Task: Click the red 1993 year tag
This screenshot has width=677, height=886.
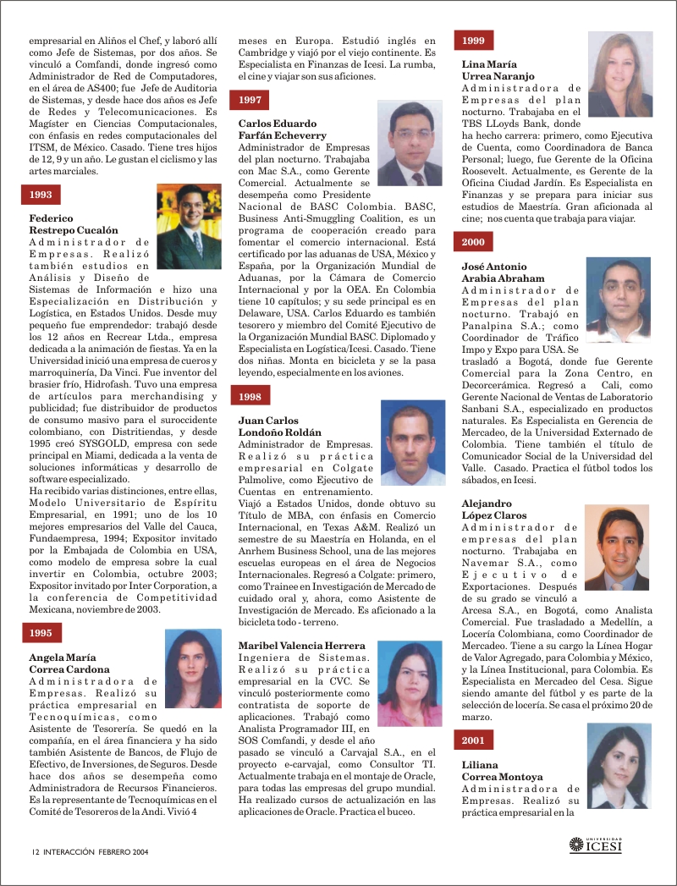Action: coord(41,195)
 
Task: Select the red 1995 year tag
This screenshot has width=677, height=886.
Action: coord(41,633)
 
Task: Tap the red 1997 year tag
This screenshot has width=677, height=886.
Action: coord(250,100)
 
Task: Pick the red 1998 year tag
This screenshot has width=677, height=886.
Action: coord(250,396)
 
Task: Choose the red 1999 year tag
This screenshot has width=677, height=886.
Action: coord(474,40)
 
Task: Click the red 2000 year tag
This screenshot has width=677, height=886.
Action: coord(474,242)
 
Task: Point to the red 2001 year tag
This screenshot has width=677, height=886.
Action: coord(474,740)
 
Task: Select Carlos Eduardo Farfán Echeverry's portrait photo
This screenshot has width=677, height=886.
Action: coord(410,144)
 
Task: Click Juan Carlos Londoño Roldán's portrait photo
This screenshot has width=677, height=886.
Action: coord(413,442)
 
